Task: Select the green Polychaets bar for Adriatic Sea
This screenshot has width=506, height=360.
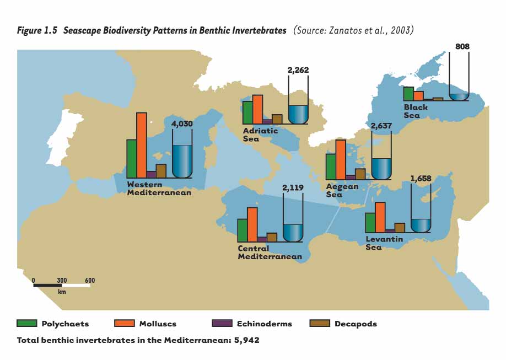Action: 247,112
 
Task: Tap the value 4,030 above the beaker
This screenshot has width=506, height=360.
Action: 182,124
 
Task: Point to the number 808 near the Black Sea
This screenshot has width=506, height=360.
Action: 462,47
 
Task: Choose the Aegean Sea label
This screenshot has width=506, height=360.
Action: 342,190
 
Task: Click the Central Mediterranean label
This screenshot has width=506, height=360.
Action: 270,252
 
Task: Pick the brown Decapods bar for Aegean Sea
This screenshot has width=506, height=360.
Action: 360,174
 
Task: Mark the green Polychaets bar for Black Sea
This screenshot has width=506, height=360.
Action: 408,94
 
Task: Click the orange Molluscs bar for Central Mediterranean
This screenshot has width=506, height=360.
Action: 252,224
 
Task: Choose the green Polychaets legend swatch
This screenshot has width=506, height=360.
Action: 27,324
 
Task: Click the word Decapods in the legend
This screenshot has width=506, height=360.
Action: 356,324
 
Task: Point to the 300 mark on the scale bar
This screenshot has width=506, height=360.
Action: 62,281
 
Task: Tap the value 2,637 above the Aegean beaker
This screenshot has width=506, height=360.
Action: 381,126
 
